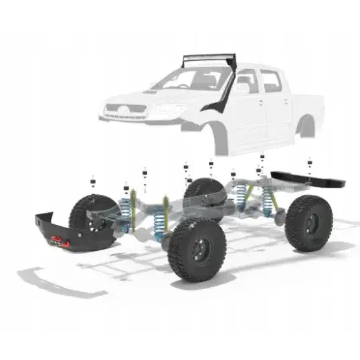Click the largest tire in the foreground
click(197, 249)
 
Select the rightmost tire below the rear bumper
click(308, 223)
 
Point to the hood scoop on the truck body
click(151, 92)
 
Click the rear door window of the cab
click(270, 81)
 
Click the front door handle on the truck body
click(258, 102)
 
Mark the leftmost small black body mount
click(94, 179)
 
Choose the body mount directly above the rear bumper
click(309, 163)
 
